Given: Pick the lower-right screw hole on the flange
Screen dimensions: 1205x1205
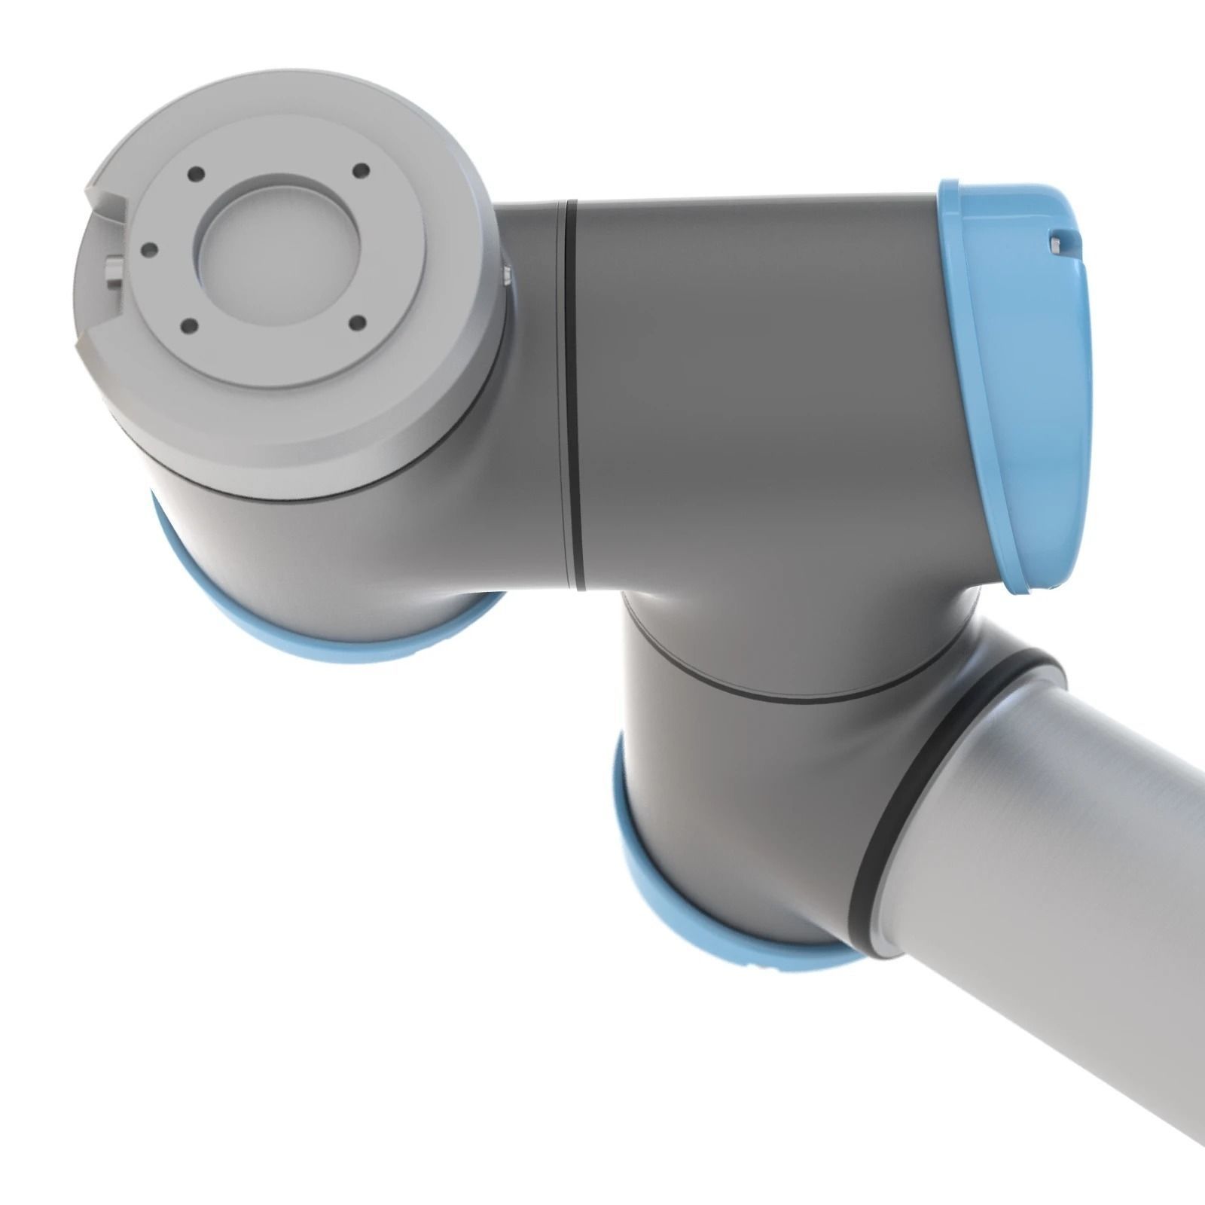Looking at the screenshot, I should pyautogui.click(x=358, y=324).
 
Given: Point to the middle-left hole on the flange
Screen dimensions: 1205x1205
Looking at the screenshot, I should pyautogui.click(x=150, y=247).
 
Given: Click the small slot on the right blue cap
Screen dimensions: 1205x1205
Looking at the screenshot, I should pyautogui.click(x=1059, y=243).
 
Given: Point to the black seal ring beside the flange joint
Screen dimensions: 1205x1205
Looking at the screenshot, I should pyautogui.click(x=574, y=392).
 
